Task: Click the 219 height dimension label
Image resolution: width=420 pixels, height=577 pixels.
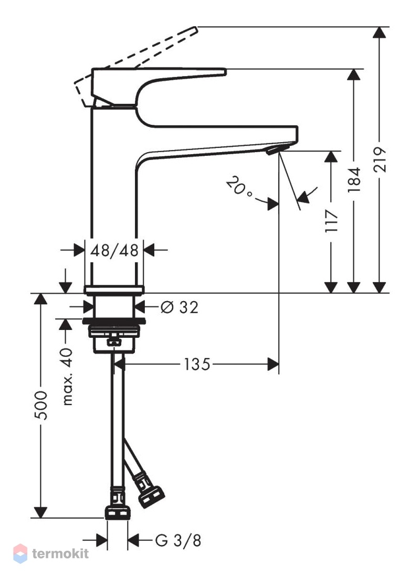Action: (380, 159)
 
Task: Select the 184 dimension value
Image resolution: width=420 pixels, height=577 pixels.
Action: (354, 179)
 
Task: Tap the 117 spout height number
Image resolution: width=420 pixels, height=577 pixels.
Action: (331, 220)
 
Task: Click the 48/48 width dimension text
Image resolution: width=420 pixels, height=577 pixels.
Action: (114, 251)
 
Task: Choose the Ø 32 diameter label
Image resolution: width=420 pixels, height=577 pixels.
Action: (180, 307)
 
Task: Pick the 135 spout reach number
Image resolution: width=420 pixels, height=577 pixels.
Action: (197, 365)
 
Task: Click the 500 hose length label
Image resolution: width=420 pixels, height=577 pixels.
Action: (41, 405)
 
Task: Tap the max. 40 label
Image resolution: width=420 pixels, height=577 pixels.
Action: (67, 377)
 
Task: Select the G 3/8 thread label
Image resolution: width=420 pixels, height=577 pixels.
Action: (178, 541)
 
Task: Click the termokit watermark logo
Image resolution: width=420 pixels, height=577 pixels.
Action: (51, 553)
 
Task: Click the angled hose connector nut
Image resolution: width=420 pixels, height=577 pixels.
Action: (151, 497)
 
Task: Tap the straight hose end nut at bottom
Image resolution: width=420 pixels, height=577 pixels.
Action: (118, 512)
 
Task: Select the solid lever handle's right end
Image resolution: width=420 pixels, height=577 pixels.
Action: (225, 71)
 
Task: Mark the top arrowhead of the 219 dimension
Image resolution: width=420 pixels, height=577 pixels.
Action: (379, 33)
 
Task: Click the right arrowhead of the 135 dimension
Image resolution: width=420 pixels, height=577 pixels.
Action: (273, 365)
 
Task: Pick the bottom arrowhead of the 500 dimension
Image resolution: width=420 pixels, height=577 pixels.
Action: (40, 512)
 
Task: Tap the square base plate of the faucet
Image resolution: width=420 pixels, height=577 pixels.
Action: (114, 290)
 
